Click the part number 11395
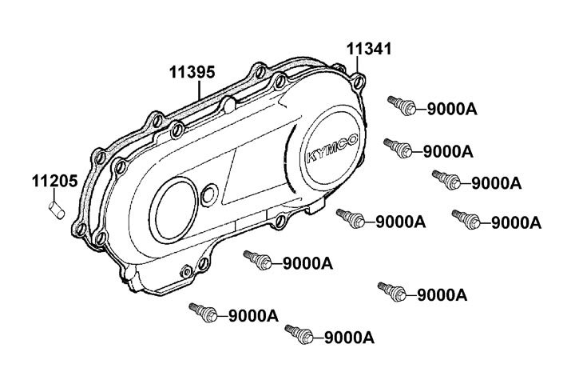coord(192,72)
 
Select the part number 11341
coord(369,49)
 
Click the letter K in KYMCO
coord(310,158)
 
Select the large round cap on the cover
coord(174,206)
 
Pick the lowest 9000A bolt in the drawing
coord(298,332)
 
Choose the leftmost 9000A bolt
coord(201,311)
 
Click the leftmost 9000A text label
coord(252,316)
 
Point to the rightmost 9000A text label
coord(514,222)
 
